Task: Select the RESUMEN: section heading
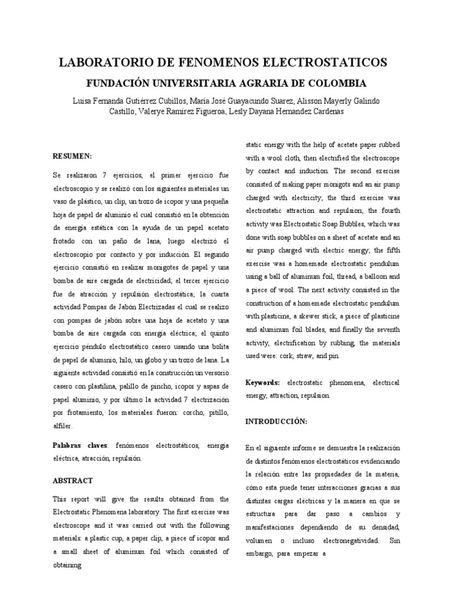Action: point(73,156)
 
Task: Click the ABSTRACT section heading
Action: point(73,481)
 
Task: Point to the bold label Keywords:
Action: point(262,383)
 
